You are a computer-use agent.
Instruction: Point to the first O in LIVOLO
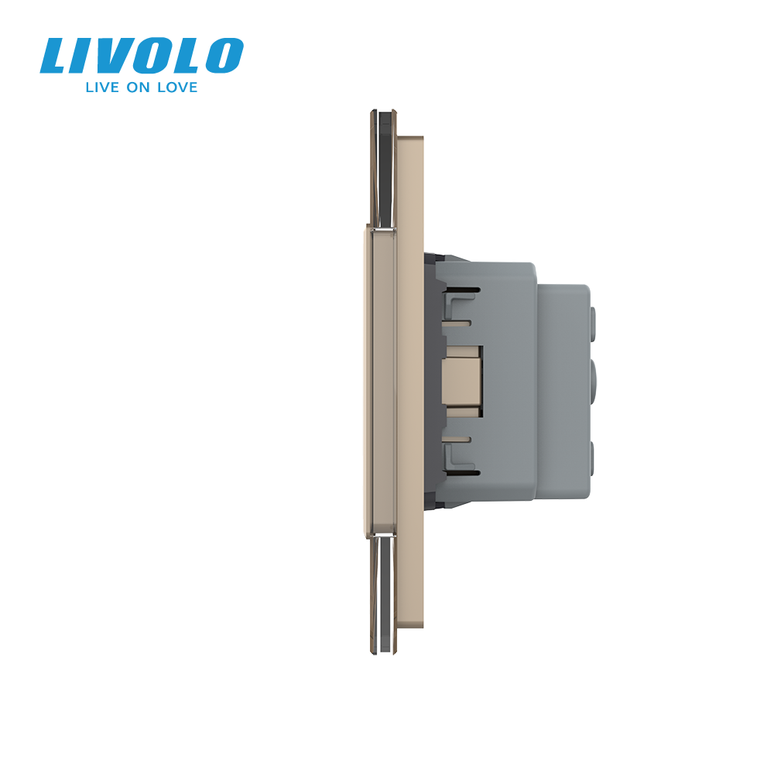[155, 57]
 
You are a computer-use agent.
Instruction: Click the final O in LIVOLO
[224, 57]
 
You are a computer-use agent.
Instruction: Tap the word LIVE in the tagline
[102, 87]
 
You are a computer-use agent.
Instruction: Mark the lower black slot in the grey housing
[464, 473]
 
